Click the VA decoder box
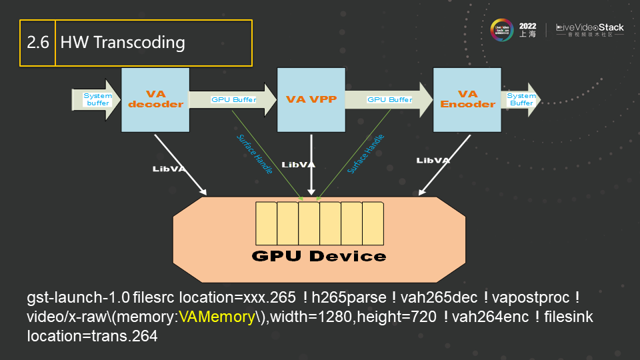coord(155,99)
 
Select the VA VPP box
coord(311,99)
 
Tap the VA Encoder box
coord(467,99)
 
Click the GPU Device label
coord(319,256)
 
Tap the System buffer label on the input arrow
coord(97,99)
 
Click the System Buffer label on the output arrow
coord(521,99)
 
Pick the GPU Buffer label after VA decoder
coord(233,99)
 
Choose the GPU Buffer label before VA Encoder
coord(390,99)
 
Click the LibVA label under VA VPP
coord(299,164)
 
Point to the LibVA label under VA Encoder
coord(433,161)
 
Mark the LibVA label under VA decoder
coord(169,169)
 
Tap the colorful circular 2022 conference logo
coord(502,29)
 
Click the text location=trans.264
coord(92,336)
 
